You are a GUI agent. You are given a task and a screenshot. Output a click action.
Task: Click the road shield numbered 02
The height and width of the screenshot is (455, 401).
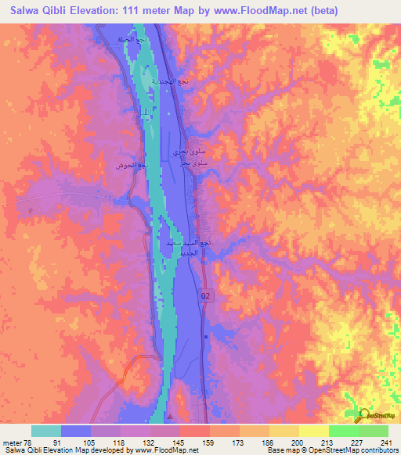(206, 296)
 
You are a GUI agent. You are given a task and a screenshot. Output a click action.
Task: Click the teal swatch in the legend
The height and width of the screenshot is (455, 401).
(46, 431)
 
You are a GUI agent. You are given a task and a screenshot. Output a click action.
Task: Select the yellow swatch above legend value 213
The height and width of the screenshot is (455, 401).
(313, 431)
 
